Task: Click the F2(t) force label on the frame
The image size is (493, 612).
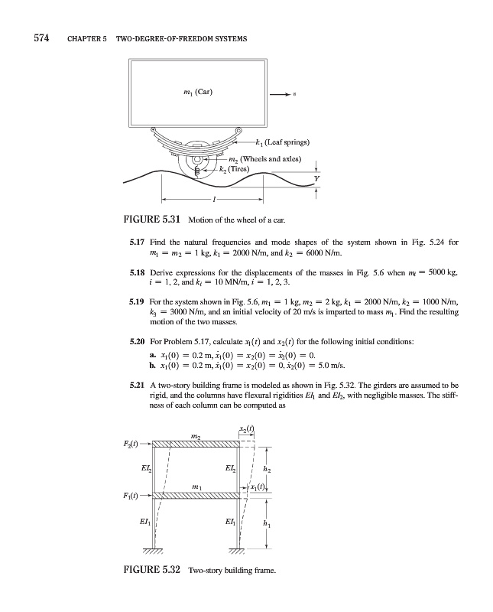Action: coord(130,443)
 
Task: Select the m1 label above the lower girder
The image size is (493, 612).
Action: coord(196,487)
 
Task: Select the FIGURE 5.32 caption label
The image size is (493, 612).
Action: coord(151,571)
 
